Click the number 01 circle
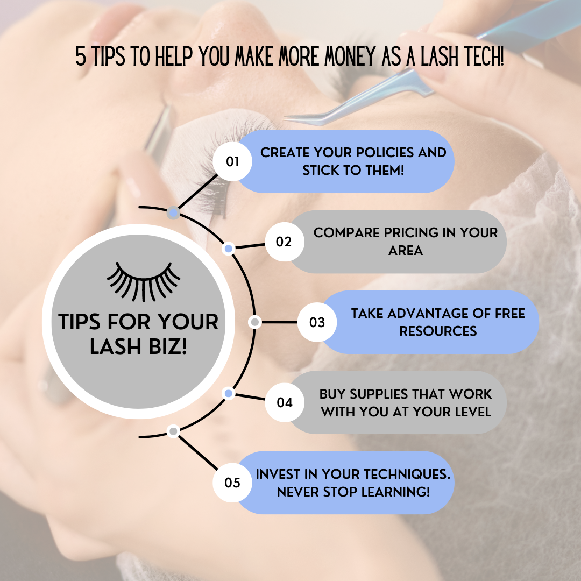click(232, 161)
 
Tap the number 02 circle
click(285, 242)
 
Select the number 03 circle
click(317, 322)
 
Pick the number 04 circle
click(285, 402)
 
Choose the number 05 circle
click(232, 483)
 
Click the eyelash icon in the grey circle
click(144, 281)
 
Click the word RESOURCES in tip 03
click(438, 331)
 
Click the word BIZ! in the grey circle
click(167, 347)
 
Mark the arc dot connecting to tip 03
click(255, 322)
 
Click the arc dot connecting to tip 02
click(229, 249)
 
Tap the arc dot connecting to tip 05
click(173, 431)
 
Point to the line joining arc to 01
click(198, 192)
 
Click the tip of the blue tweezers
click(285, 118)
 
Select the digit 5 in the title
click(80, 56)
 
